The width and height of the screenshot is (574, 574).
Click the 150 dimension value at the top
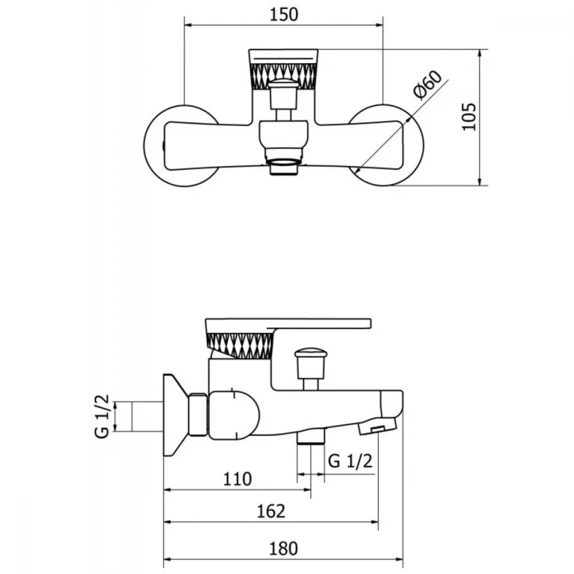[284, 15]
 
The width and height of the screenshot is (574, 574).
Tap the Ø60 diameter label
[427, 84]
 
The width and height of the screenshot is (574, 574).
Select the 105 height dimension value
[469, 117]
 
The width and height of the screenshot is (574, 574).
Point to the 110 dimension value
[238, 479]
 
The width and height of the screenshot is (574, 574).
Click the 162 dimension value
[271, 511]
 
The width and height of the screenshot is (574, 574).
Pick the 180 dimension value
[284, 548]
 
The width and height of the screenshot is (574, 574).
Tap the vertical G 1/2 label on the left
[102, 416]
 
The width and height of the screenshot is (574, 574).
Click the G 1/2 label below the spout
[350, 461]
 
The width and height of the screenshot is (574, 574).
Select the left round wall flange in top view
[154, 146]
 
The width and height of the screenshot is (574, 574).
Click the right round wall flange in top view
[414, 146]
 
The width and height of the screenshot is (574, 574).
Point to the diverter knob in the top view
[283, 95]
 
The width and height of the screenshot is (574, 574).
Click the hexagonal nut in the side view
[199, 415]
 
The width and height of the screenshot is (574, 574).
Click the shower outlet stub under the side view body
[311, 436]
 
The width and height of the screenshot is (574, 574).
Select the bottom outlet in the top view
[284, 166]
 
